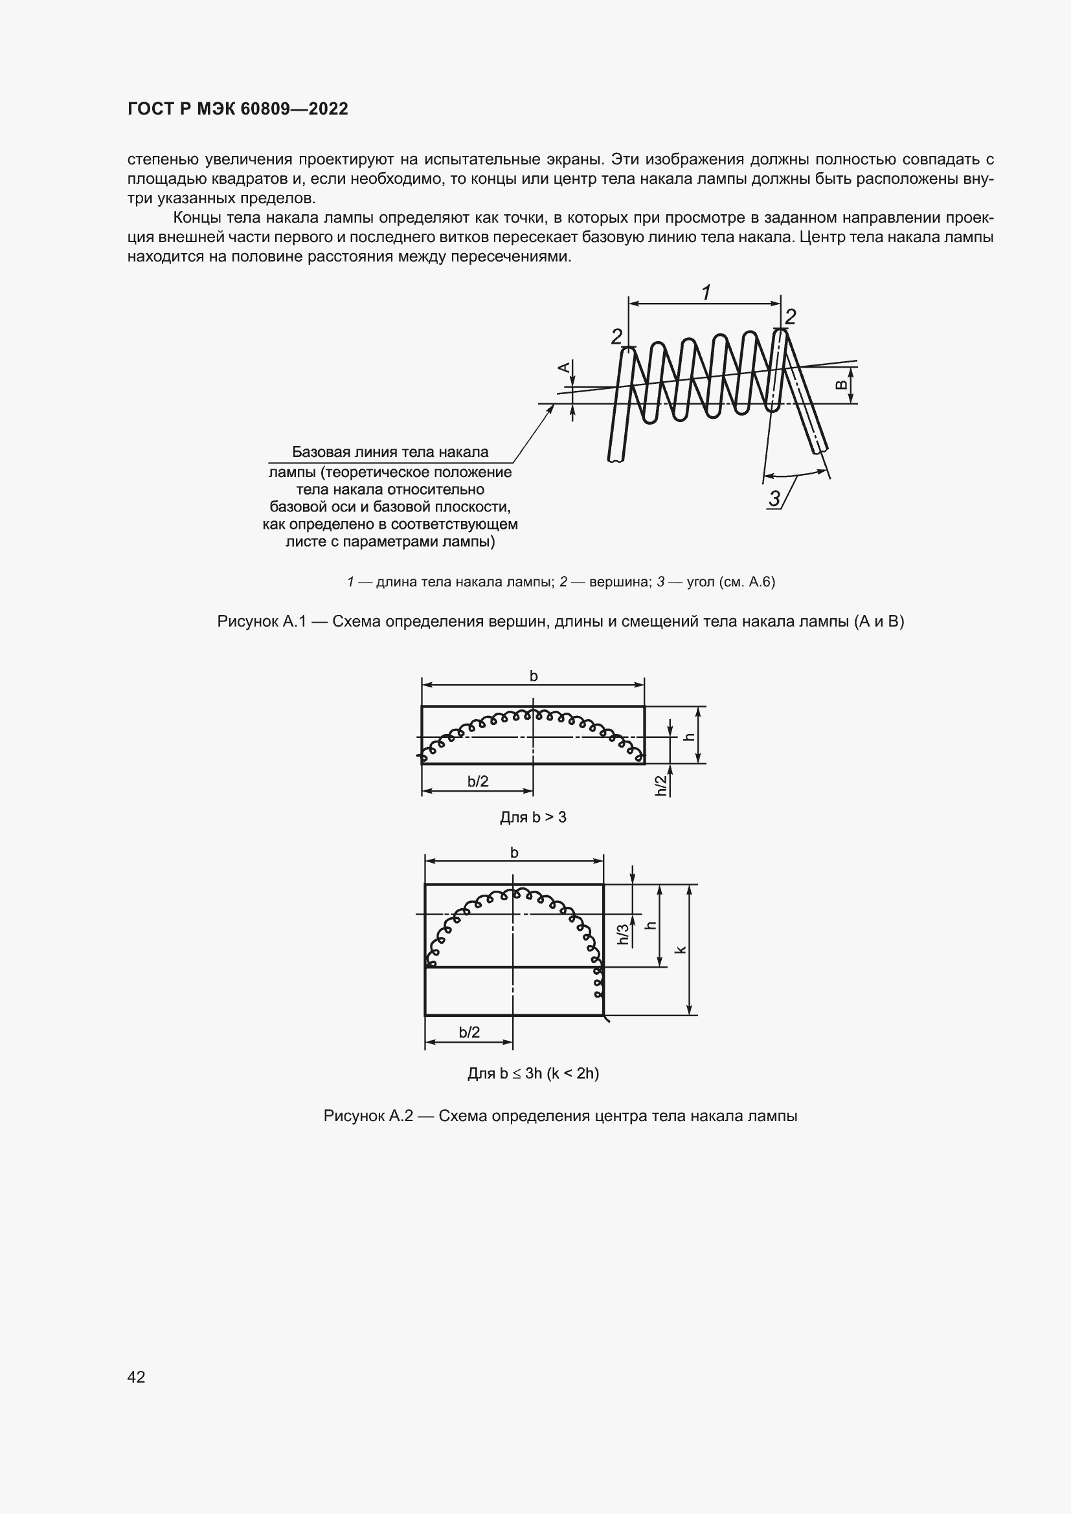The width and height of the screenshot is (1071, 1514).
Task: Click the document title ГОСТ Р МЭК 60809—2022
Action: [238, 109]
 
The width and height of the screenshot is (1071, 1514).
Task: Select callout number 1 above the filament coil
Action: [706, 292]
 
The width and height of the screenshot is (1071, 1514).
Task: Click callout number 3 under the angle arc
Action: [774, 498]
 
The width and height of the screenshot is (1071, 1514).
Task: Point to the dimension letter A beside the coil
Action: [565, 368]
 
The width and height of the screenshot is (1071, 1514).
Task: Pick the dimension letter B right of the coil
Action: [842, 385]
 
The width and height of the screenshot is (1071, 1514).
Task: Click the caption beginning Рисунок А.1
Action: [560, 621]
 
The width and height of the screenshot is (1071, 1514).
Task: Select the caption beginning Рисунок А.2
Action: [560, 1116]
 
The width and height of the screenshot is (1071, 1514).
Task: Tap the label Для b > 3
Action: [533, 818]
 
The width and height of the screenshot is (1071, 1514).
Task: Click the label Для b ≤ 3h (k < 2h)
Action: [533, 1073]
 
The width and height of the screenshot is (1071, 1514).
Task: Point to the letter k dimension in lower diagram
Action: [682, 950]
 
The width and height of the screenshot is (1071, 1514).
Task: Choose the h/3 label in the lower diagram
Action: [623, 935]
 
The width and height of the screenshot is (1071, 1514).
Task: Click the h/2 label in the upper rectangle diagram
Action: [661, 785]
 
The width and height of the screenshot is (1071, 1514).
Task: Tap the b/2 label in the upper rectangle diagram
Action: [478, 781]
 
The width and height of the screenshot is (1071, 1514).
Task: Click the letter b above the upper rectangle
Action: [534, 676]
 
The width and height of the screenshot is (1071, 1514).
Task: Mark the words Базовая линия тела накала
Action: [390, 452]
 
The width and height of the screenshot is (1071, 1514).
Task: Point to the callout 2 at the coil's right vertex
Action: [790, 317]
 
